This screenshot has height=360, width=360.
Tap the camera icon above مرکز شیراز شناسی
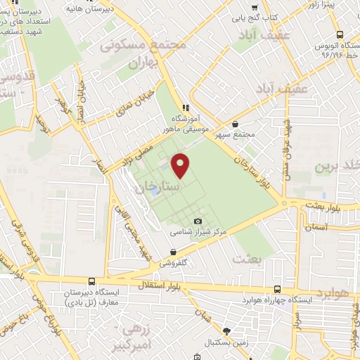click(x=198, y=221)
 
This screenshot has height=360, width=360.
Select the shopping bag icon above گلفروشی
click(x=174, y=252)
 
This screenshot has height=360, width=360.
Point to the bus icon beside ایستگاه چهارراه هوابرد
click(x=276, y=289)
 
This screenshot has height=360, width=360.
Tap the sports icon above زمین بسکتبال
click(x=226, y=330)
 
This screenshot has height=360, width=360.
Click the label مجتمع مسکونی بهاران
click(x=144, y=53)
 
